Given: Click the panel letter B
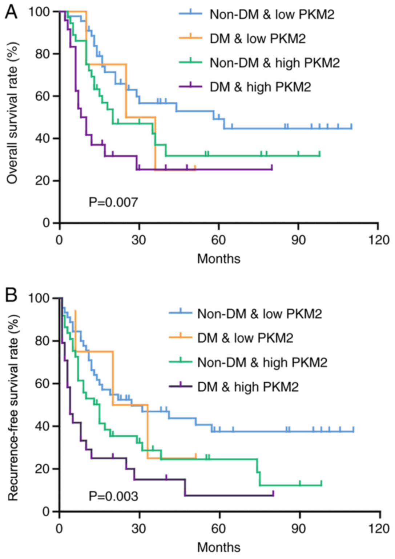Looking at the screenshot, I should point(11,295).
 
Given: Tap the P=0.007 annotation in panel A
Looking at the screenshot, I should point(113,202).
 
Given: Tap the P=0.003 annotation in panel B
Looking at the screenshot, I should point(113,496).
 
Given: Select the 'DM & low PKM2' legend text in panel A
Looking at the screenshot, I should point(258,38).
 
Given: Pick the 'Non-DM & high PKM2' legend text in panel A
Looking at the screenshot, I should point(275,63).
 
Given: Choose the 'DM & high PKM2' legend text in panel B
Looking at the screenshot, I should point(248,387).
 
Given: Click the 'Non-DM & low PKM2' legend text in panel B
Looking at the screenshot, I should point(259,314).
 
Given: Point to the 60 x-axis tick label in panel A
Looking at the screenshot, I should point(218,240).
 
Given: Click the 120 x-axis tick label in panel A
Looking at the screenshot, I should point(378,240).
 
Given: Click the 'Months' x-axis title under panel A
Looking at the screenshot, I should point(218,259).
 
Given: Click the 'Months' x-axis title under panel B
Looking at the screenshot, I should point(218,547).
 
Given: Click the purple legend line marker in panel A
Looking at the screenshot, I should point(190,86).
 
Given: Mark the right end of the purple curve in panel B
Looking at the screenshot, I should point(273,495).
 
